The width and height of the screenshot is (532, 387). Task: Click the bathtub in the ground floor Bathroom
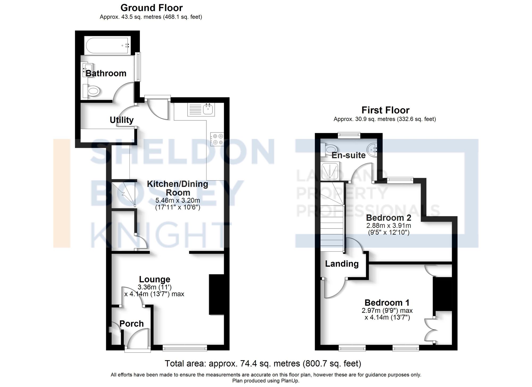pos(107,45)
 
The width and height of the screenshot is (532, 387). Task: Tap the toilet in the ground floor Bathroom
pos(92,91)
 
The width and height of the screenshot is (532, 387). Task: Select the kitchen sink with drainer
pos(201,109)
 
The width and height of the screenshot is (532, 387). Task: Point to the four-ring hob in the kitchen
pos(217,139)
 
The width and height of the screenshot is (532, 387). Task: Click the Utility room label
pos(122,120)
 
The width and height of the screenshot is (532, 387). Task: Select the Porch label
pos(131,324)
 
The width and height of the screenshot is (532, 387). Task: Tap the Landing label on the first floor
pos(342,264)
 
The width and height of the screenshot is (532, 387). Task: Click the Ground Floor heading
pos(151,8)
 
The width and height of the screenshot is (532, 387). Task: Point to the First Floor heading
pos(385,110)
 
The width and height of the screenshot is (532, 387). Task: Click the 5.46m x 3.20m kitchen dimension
pos(178,200)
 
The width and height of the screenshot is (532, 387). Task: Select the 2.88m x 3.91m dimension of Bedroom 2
pos(389,226)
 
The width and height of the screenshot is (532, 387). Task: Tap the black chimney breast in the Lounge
pos(217,295)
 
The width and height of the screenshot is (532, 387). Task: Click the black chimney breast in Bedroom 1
pos(442,294)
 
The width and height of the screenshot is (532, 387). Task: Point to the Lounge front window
pos(185,348)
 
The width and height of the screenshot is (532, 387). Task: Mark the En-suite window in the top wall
pos(349,135)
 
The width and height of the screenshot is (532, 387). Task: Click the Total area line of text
pos(263,363)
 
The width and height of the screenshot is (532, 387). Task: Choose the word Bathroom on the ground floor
pos(106,73)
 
